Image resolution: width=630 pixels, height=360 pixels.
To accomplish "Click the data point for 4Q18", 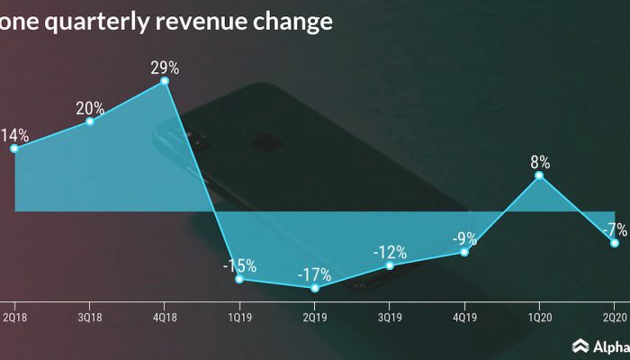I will [165, 81].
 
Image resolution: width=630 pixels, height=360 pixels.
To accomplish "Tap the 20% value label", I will [90, 108].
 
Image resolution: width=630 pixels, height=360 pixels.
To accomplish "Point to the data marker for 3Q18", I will [90, 121].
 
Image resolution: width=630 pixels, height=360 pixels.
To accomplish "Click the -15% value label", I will [240, 265].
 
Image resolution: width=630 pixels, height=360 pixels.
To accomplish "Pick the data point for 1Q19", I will [239, 279].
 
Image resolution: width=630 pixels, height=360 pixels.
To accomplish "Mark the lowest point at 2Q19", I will [315, 288].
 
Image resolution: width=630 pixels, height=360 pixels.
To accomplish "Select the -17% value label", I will [315, 274].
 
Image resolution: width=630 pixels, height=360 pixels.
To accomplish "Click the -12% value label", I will [390, 252].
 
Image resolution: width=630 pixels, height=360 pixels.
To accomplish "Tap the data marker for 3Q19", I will [390, 265].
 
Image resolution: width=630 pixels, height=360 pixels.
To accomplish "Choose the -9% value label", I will [464, 238].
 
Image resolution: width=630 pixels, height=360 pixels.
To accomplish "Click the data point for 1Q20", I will [539, 175].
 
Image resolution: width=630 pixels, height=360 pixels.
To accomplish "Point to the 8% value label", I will [540, 163].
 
